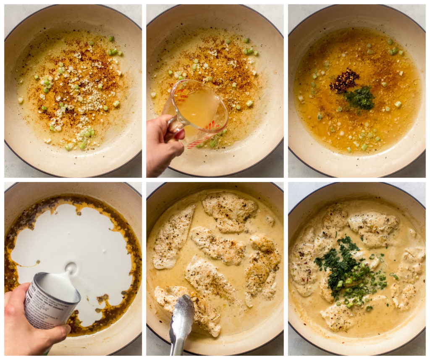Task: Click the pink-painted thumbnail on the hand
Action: point(180,135)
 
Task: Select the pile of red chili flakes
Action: point(344,80)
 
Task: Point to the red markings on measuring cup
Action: point(210,126)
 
